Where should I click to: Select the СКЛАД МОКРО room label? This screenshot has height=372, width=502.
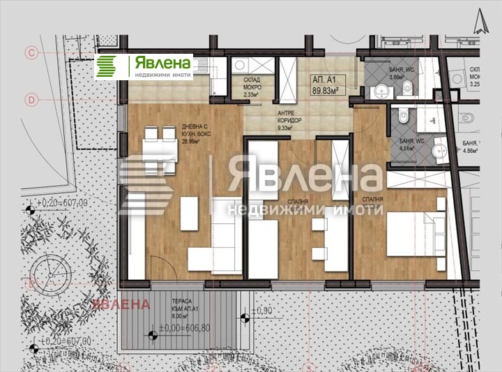(x=252, y=83)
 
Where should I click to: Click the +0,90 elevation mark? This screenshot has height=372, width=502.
(x=261, y=310)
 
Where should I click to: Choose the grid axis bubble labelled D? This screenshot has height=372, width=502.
(x=31, y=99)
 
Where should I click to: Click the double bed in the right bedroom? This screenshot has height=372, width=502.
(x=416, y=230)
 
